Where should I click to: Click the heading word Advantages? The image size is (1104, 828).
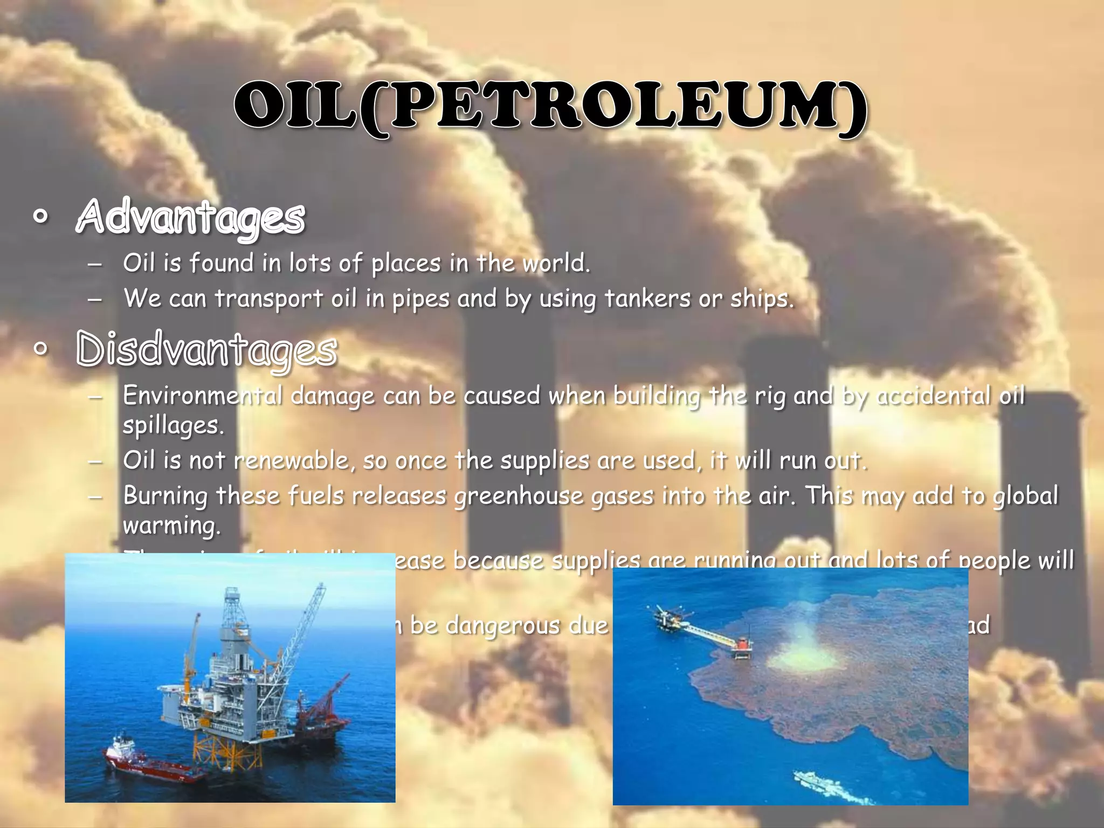pos(191,217)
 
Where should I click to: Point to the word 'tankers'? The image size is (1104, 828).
pos(647,298)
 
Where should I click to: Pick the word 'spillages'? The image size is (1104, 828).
pos(172,426)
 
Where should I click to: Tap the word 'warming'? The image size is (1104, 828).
pos(171,526)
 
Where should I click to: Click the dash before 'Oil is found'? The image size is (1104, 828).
pos(94,264)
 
